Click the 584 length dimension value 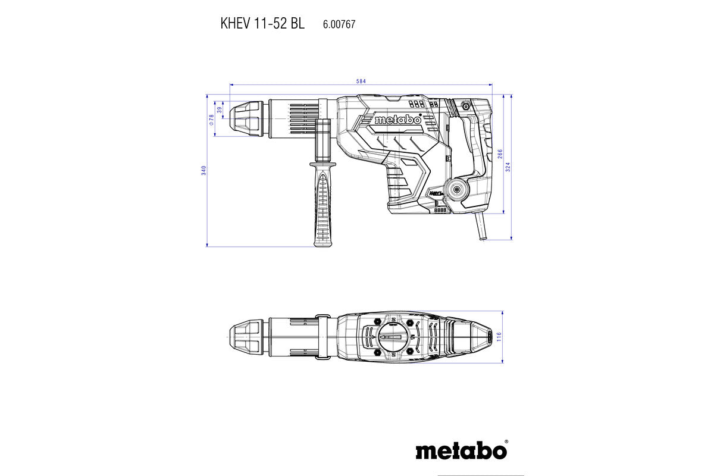tap(361, 81)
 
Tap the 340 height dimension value tap(203, 170)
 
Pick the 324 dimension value tap(508, 167)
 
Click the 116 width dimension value tap(500, 337)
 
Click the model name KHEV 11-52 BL tap(262, 24)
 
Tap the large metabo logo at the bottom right tap(461, 450)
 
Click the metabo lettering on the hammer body tap(397, 120)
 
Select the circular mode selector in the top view tap(393, 337)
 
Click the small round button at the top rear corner tap(465, 106)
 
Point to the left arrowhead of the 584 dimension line tap(231, 85)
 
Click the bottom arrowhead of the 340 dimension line tap(207, 244)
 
